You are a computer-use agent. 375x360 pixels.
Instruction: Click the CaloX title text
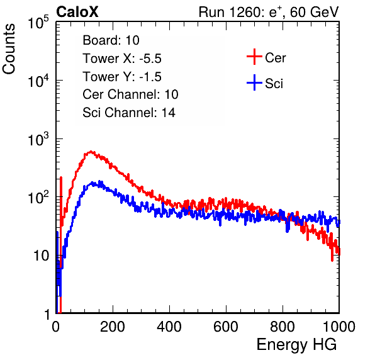(x=77, y=12)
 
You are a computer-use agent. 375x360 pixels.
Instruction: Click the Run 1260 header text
(x=269, y=12)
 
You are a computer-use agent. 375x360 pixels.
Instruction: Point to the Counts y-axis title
(x=9, y=49)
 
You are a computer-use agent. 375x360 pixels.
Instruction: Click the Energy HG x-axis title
(x=296, y=345)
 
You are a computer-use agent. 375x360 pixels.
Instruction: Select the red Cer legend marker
(x=254, y=57)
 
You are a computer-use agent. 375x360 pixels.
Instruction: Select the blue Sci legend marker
(x=254, y=82)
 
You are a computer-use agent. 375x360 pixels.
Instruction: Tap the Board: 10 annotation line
(x=111, y=40)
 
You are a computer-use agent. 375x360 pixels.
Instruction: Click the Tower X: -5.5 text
(x=122, y=59)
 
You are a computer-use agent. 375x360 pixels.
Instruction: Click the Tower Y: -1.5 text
(x=122, y=77)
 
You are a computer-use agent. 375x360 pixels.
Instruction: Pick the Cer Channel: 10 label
(x=130, y=94)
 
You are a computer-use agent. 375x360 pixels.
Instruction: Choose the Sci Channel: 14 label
(x=129, y=113)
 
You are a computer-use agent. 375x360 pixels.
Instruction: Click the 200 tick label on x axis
(x=113, y=327)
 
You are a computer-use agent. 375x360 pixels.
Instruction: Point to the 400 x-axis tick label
(x=169, y=327)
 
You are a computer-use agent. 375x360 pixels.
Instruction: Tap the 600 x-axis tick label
(x=226, y=327)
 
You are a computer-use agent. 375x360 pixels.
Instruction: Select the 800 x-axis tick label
(x=283, y=327)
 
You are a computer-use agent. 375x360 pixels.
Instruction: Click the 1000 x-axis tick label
(x=339, y=327)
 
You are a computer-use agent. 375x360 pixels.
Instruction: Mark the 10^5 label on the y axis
(x=38, y=23)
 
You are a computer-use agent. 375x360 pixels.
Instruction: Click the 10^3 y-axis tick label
(x=38, y=139)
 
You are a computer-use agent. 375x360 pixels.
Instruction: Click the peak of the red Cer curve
(x=91, y=152)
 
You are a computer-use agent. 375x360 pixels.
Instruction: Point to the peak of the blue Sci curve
(x=100, y=182)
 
